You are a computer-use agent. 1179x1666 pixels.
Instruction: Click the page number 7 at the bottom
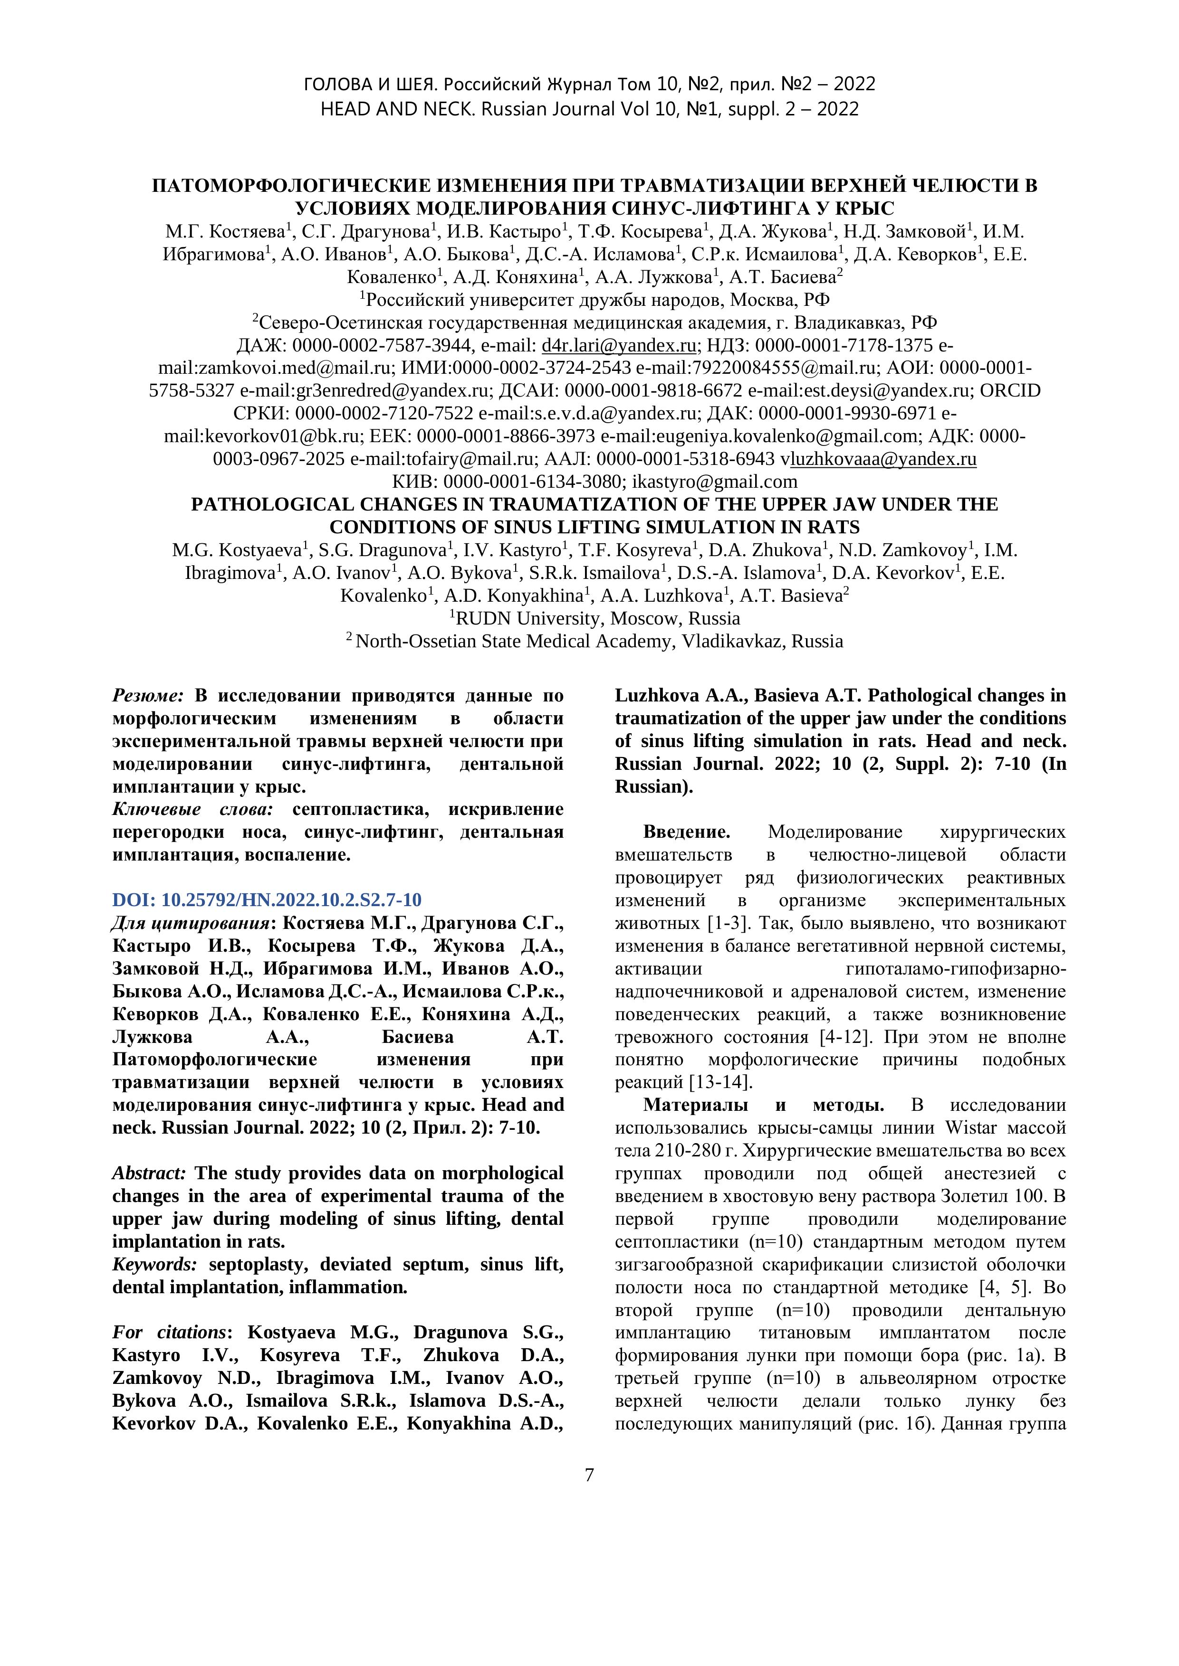tap(589, 1475)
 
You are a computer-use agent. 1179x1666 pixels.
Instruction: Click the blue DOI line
tap(267, 900)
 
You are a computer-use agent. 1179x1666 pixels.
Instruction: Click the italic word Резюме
tap(148, 695)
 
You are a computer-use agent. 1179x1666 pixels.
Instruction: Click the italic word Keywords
tap(154, 1264)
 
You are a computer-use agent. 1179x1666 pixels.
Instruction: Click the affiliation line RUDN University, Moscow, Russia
tap(595, 618)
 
